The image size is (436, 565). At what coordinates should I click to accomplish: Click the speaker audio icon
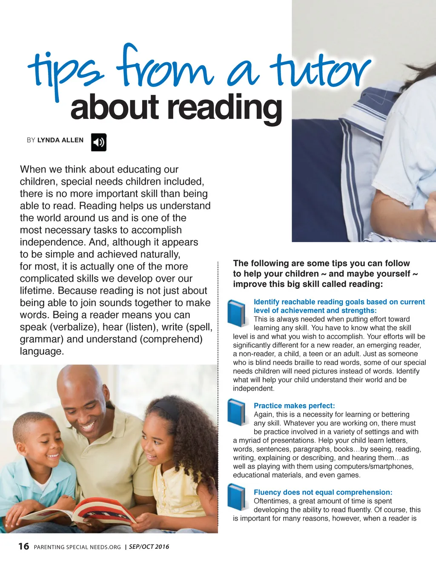99,142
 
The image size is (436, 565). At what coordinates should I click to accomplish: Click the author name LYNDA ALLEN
60,140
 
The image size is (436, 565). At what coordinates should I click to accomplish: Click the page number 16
24,546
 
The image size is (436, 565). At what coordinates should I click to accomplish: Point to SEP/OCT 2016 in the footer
149,547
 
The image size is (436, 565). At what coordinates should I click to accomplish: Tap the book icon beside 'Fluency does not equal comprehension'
237,497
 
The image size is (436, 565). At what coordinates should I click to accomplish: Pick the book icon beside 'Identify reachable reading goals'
237,313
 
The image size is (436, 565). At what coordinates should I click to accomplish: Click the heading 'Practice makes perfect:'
294,406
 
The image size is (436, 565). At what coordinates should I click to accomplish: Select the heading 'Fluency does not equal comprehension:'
323,492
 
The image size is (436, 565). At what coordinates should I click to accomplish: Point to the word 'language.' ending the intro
42,351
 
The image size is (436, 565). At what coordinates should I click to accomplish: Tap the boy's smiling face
43,443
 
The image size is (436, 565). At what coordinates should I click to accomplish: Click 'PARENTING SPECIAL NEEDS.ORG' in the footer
77,547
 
